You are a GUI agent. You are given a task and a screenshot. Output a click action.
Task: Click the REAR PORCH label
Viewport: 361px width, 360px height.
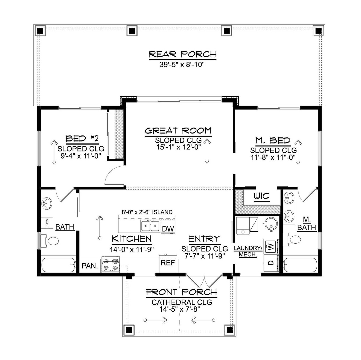(182, 54)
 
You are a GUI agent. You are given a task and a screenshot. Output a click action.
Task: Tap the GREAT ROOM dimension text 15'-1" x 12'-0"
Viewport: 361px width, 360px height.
(178, 147)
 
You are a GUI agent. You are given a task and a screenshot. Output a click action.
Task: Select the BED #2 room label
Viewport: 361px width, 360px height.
(82, 139)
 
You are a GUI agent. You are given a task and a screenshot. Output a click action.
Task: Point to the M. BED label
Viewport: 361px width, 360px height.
(273, 140)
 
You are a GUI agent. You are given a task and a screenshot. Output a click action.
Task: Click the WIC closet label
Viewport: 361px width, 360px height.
(261, 196)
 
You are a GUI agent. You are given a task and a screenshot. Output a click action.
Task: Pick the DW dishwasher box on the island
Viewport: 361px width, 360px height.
(168, 229)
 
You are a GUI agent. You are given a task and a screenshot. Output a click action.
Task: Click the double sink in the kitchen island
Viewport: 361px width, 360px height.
(150, 226)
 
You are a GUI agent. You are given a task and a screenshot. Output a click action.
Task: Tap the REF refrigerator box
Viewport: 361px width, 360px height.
(168, 263)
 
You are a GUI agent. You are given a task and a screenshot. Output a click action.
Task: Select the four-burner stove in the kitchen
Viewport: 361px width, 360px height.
(111, 264)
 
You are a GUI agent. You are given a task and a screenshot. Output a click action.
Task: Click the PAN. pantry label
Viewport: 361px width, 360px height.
(90, 266)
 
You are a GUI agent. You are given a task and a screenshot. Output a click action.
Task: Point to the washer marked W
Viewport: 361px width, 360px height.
(271, 247)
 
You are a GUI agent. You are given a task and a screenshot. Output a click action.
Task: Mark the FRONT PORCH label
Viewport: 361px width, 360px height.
(181, 292)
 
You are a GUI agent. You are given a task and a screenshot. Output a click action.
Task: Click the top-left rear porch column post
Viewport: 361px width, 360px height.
(40, 31)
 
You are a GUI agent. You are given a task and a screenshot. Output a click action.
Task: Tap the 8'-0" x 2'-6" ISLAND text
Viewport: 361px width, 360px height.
(147, 212)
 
